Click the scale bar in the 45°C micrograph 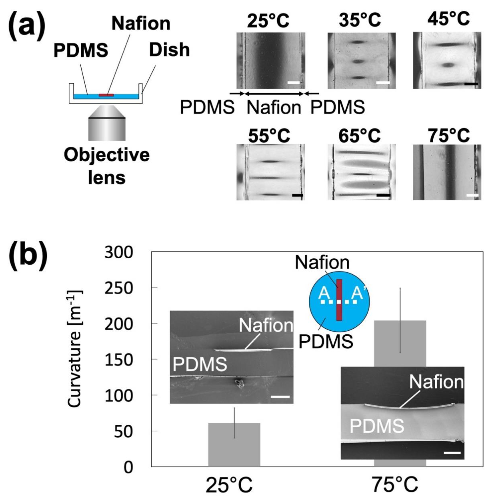pyautogui.click(x=471, y=84)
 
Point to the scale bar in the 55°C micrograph pyautogui.click(x=297, y=195)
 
